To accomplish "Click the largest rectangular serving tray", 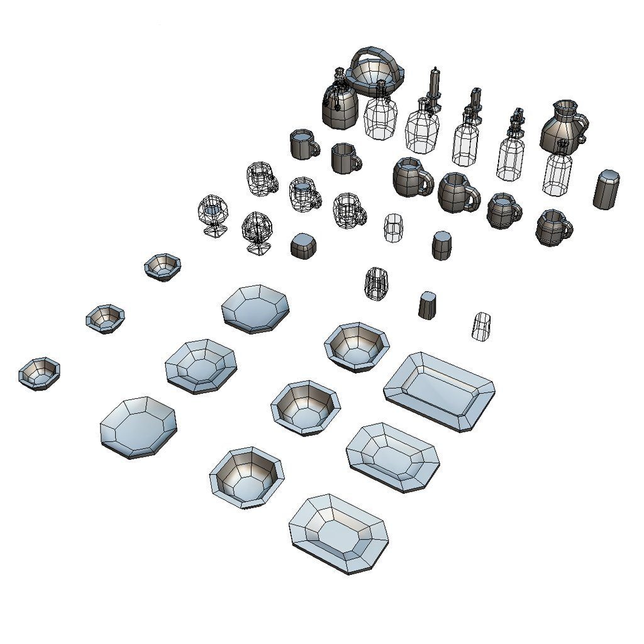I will [x=439, y=391].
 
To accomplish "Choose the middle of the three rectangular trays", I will [x=392, y=457].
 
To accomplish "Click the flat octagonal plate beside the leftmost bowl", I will [x=138, y=426].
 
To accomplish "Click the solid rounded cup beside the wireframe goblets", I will [x=303, y=245].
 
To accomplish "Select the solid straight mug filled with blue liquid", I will [x=303, y=144].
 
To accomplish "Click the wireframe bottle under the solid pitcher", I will [x=557, y=170].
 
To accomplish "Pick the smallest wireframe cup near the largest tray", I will [x=482, y=326].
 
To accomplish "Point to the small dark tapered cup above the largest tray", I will [x=428, y=304].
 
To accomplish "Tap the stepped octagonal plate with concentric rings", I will [x=200, y=365].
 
